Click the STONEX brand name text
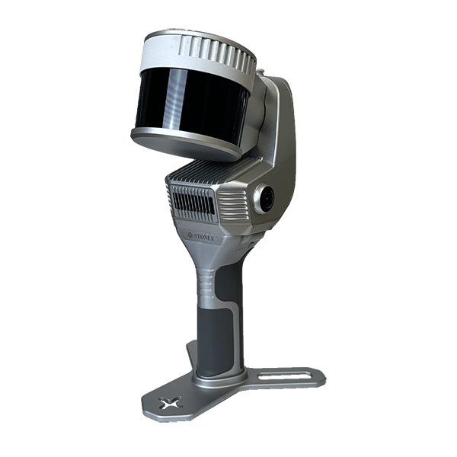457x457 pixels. pos(204,238)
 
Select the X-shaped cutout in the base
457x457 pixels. pos(169,402)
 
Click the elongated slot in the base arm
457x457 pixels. pos(284,376)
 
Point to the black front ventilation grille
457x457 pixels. pos(193,200)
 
